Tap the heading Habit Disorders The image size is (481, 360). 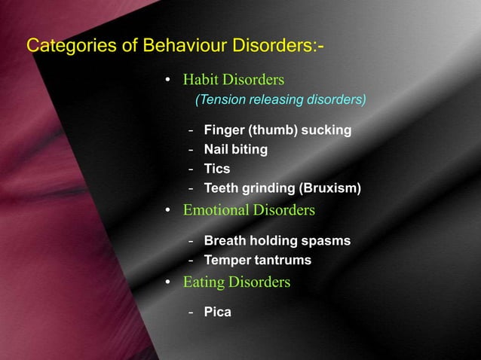[x=234, y=80]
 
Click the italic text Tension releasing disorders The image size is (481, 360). [x=280, y=99]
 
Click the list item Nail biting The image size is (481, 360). [x=235, y=149]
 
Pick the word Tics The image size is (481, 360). [x=217, y=169]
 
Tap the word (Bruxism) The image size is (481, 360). [x=330, y=188]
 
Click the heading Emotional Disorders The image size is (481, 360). [x=249, y=210]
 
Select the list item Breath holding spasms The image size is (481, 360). [x=277, y=241]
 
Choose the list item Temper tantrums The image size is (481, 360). [x=257, y=261]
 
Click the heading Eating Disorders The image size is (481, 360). [x=236, y=282]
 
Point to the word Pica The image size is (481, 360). [x=217, y=312]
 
